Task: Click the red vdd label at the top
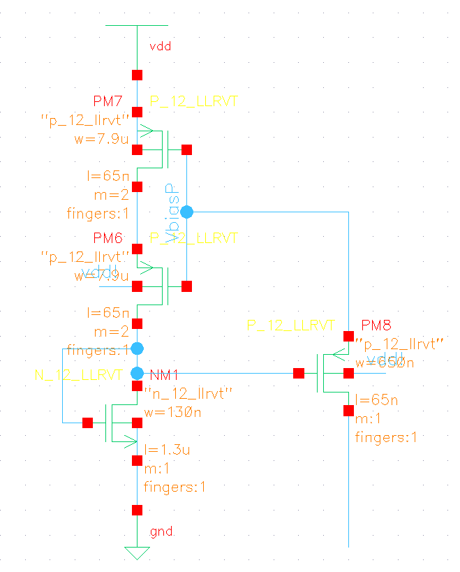click(x=160, y=47)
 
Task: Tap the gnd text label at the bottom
click(x=162, y=533)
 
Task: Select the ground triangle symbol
click(x=137, y=552)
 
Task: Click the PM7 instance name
click(x=107, y=101)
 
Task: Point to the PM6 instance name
click(x=107, y=238)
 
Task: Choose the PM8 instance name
click(x=376, y=325)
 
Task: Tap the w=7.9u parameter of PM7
click(x=101, y=138)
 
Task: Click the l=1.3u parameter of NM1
click(x=167, y=449)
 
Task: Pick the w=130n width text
click(x=168, y=412)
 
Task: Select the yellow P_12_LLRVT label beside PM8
click(x=291, y=325)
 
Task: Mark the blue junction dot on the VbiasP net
click(x=186, y=212)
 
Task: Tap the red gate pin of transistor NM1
click(x=87, y=423)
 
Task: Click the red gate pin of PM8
click(x=299, y=374)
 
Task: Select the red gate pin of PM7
click(x=186, y=149)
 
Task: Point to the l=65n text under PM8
click(x=377, y=400)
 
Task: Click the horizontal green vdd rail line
click(x=137, y=26)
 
